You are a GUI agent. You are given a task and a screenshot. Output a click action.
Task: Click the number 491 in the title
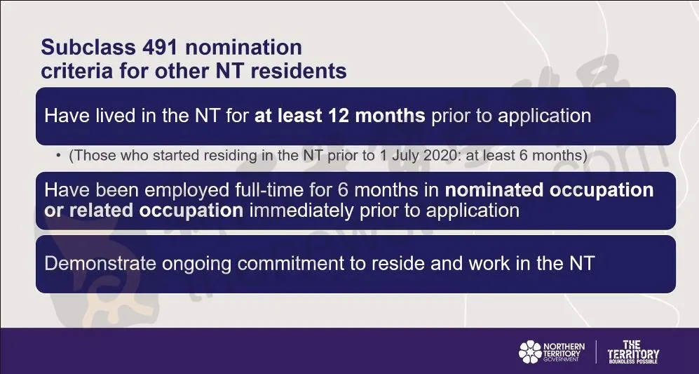[x=161, y=47]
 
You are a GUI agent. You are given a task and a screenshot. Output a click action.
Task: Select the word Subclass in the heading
[x=89, y=47]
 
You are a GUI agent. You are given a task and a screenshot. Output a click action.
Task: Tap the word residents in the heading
[x=298, y=71]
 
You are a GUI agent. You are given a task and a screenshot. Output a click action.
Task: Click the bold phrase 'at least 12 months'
[x=340, y=116]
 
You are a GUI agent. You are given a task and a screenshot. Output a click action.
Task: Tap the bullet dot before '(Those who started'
[x=58, y=156]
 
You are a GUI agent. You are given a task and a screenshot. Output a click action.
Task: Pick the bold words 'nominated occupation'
[x=549, y=191]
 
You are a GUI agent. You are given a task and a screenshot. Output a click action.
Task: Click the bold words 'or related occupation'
[x=144, y=211]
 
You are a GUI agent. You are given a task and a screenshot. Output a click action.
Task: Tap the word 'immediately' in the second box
[x=301, y=211]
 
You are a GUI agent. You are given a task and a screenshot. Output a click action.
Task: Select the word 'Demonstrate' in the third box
[x=100, y=263]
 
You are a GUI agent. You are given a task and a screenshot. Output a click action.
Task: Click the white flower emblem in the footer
[x=530, y=352]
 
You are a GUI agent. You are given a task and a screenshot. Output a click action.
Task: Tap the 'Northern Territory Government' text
[x=564, y=352]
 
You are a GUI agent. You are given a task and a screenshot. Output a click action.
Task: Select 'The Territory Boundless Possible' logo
[x=633, y=352]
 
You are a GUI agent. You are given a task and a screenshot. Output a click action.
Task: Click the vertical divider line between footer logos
[x=596, y=352]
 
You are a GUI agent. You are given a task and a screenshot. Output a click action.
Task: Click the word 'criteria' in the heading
[x=76, y=71]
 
